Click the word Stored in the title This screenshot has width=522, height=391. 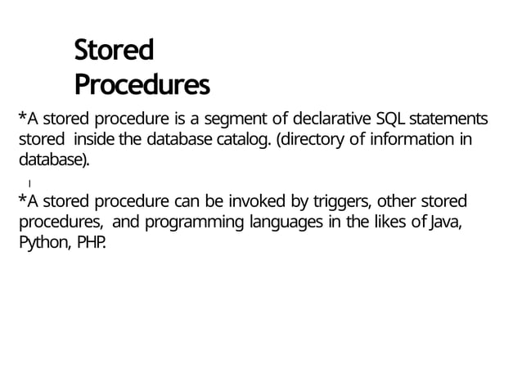pyautogui.click(x=113, y=52)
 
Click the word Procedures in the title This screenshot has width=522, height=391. pyautogui.click(x=142, y=85)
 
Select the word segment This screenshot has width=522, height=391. pyautogui.click(x=242, y=115)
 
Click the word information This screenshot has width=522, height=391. pyautogui.click(x=414, y=137)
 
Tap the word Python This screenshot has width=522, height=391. pyautogui.click(x=46, y=244)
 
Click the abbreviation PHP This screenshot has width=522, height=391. pyautogui.click(x=92, y=244)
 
